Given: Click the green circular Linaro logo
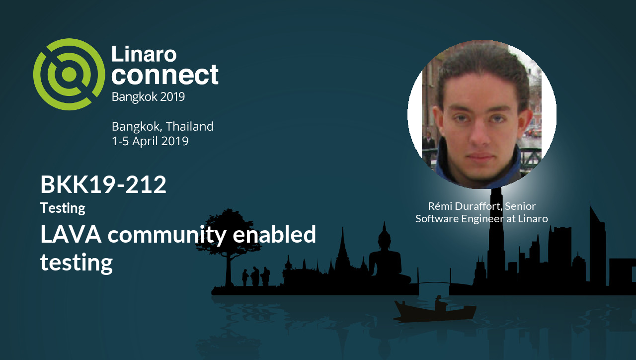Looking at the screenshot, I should [69, 74].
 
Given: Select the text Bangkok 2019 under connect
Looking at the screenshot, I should [148, 96].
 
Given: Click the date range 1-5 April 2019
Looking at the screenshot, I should [150, 141].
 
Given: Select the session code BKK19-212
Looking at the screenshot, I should [103, 185].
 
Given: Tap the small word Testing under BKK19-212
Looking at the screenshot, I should [63, 207].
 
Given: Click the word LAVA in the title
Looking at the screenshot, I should [71, 234].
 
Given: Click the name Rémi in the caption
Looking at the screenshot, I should [439, 206].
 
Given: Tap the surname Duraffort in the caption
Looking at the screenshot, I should [477, 206].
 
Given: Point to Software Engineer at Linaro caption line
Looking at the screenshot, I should [481, 218].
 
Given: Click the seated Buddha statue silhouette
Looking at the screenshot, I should [384, 259].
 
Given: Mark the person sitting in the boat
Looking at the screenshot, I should [439, 302].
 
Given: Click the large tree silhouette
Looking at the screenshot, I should [228, 234].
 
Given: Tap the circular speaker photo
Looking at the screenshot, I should [481, 114].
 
